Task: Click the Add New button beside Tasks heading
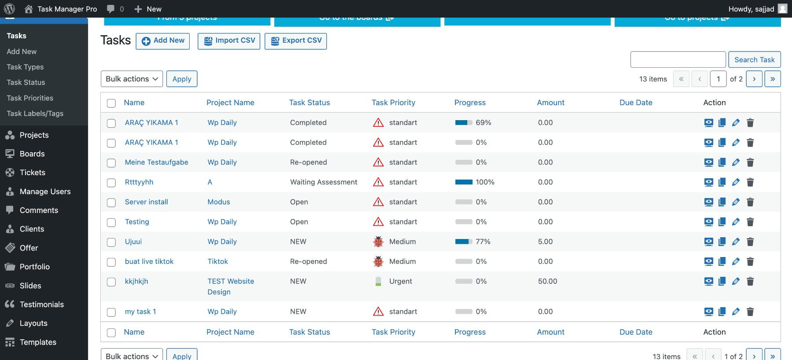tap(163, 41)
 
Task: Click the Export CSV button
tap(296, 41)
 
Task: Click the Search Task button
tap(754, 60)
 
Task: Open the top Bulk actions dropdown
tap(132, 79)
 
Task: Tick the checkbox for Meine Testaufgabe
tap(111, 163)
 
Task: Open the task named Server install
tap(147, 202)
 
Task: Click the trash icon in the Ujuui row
tap(750, 242)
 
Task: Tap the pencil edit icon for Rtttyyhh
tap(736, 182)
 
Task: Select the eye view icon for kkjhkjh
tap(708, 281)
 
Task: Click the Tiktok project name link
tap(218, 261)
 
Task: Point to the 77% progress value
tap(483, 242)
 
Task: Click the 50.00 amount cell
tap(547, 281)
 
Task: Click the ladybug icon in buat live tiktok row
tap(378, 261)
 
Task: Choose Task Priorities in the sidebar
tap(30, 98)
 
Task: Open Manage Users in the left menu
tap(45, 191)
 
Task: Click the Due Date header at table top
tap(636, 103)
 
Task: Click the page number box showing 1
tap(718, 79)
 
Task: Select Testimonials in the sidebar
tap(42, 304)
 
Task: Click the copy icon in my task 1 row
tap(722, 312)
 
